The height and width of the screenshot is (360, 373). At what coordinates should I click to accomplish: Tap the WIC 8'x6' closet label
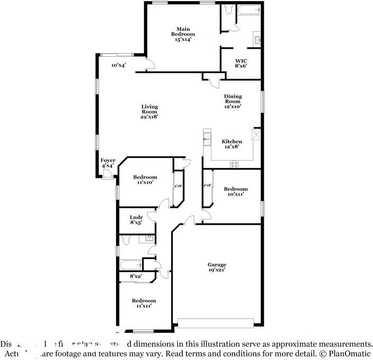(241, 64)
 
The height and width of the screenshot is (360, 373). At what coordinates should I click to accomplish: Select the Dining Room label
(233, 101)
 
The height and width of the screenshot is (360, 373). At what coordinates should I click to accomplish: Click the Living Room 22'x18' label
(149, 111)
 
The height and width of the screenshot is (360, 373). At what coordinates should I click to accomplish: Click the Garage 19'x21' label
(216, 267)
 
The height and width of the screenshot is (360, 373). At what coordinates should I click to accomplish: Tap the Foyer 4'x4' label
(108, 163)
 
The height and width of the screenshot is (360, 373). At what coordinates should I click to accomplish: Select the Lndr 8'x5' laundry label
(136, 220)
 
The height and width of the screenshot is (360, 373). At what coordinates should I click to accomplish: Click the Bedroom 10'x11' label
(235, 191)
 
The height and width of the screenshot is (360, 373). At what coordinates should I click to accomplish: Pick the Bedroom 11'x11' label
(144, 303)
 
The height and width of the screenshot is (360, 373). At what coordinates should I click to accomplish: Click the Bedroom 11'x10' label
(145, 179)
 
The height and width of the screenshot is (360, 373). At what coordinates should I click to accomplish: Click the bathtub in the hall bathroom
(130, 264)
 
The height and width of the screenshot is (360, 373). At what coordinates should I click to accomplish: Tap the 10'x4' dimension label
(118, 65)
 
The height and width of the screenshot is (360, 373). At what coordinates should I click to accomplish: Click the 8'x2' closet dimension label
(136, 276)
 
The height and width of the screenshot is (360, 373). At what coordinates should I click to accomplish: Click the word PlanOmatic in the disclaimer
(351, 353)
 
